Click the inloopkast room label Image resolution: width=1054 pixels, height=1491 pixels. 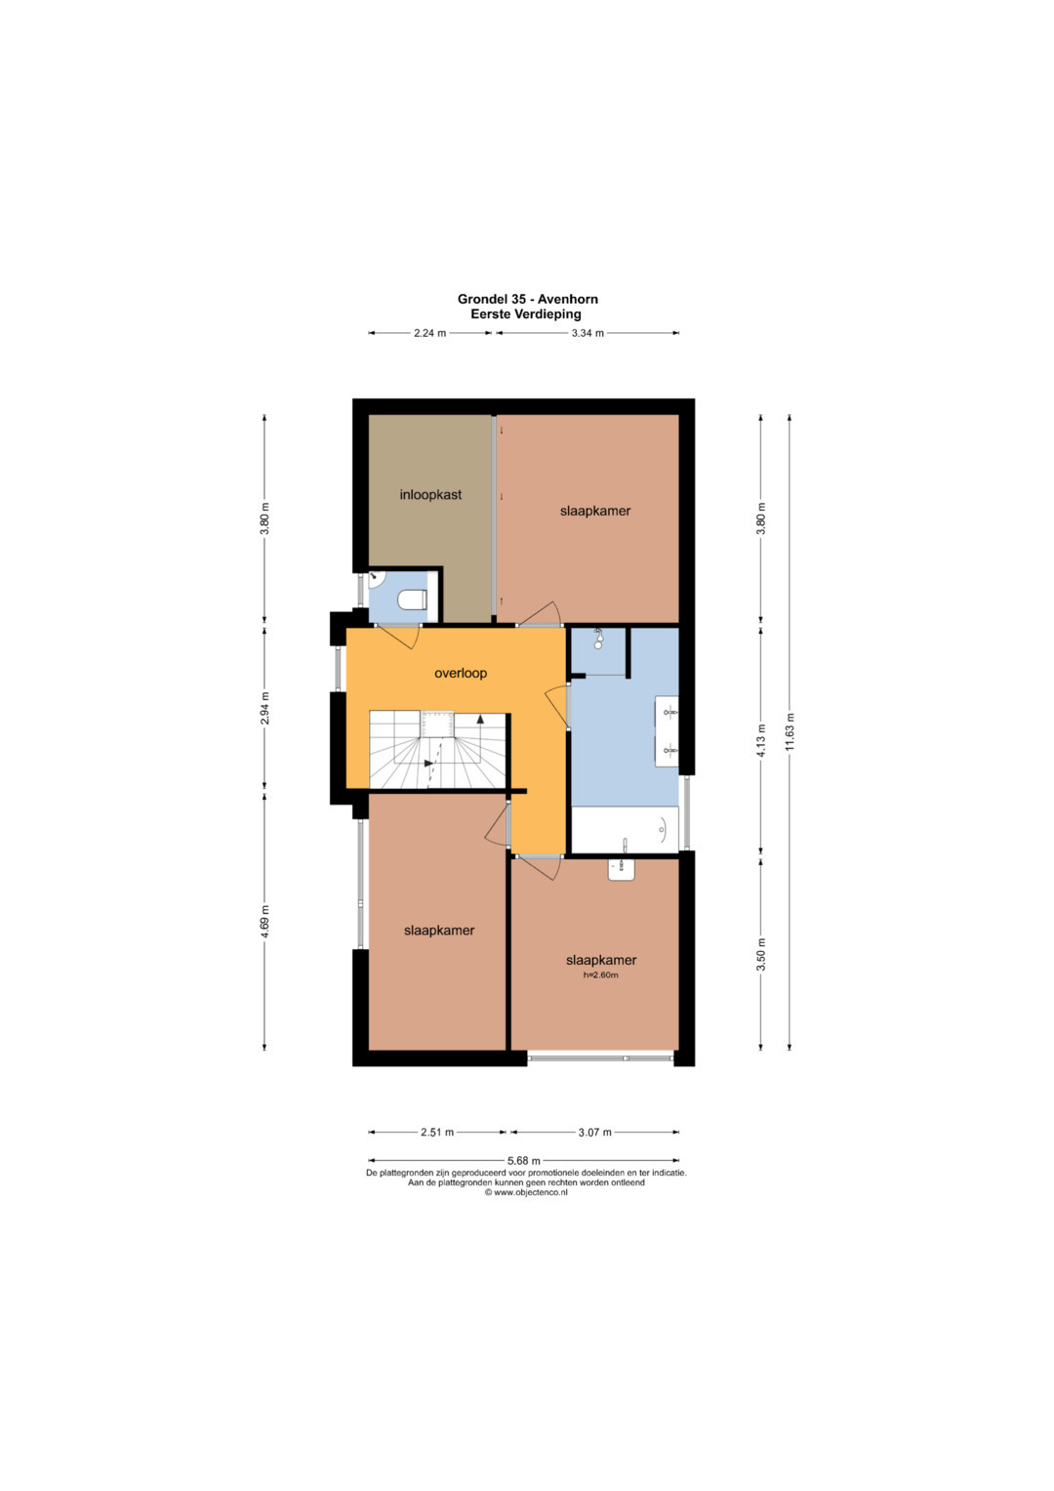coord(430,495)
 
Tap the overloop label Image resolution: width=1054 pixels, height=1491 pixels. coord(461,673)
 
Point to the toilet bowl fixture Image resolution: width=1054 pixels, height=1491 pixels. coord(413,600)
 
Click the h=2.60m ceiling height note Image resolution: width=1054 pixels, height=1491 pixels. coord(601,975)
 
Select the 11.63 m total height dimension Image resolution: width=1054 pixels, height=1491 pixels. coord(790,731)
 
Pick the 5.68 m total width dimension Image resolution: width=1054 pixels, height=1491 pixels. coord(524,1160)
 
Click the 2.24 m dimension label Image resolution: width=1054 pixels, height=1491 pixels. coord(429,333)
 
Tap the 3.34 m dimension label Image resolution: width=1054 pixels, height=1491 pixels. coord(588,333)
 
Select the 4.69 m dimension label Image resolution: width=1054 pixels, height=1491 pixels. coord(264,921)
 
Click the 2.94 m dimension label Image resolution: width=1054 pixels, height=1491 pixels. coord(264,708)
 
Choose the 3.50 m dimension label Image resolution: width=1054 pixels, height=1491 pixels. coord(762,954)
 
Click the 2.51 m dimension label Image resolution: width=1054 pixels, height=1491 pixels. coord(437,1132)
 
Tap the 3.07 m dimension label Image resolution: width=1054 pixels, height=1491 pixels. coord(595,1132)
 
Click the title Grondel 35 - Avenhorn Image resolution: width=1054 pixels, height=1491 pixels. coord(527,300)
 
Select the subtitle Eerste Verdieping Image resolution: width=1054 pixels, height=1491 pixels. coord(526,314)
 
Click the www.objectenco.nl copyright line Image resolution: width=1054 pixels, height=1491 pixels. coord(526,1192)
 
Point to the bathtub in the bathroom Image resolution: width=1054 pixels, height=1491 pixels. coord(625,829)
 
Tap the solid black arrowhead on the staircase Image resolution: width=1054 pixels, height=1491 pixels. coord(480,719)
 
